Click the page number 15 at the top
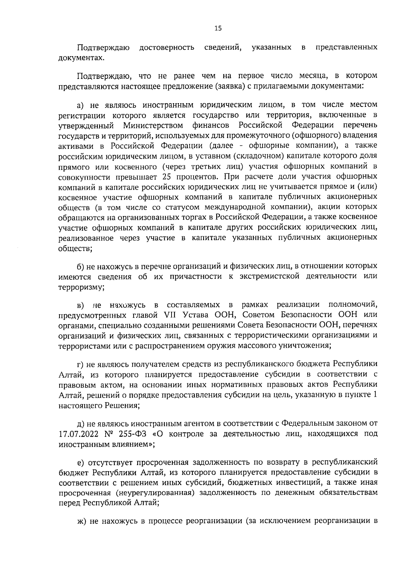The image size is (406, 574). [x=218, y=29]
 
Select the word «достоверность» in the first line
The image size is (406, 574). [x=167, y=47]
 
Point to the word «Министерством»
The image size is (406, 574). [x=153, y=125]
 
